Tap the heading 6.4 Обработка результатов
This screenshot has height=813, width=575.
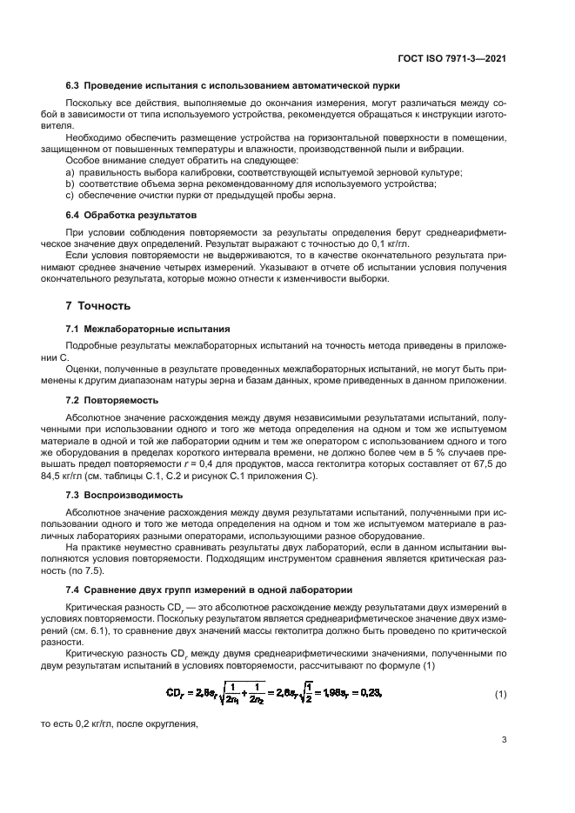point(132,214)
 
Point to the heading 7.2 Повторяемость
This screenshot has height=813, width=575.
point(113,399)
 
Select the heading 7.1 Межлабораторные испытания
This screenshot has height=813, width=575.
point(148,329)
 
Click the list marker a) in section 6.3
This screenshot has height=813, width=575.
point(70,172)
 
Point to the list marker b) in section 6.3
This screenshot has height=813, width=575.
point(70,183)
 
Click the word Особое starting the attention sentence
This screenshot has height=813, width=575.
point(83,161)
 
